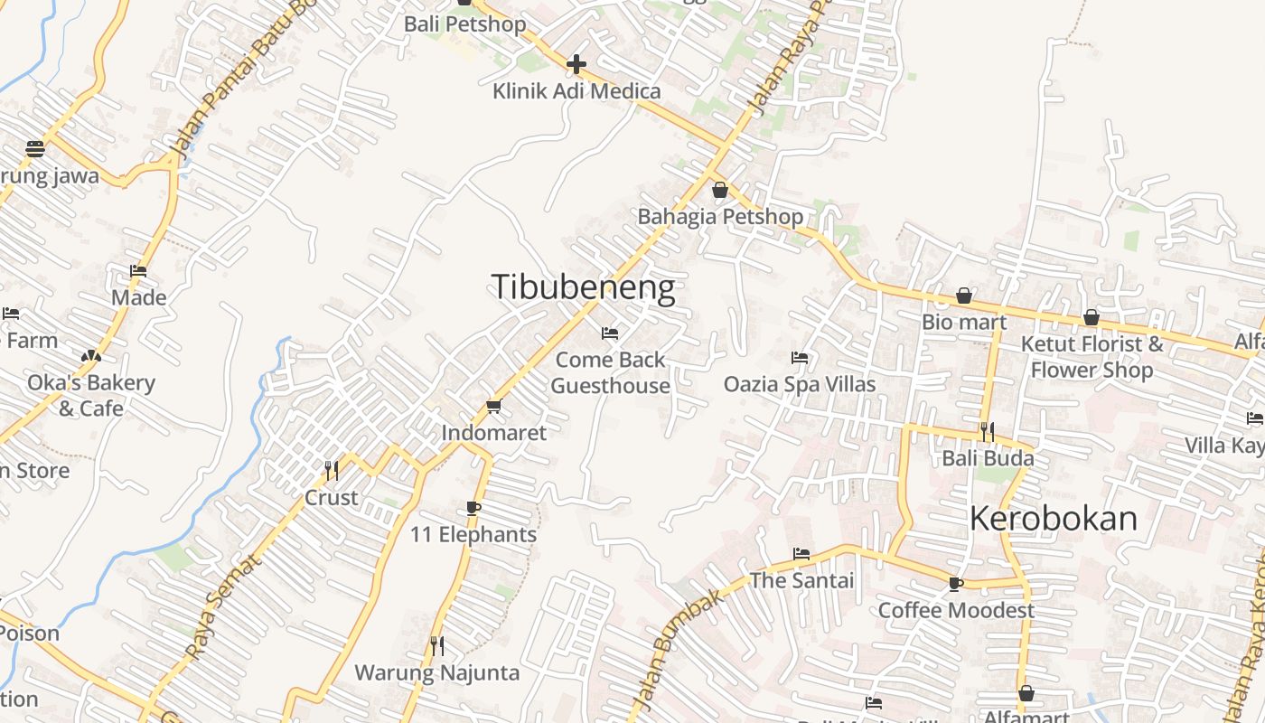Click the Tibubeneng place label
point(583,287)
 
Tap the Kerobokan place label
point(1053,519)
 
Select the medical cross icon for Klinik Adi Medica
point(576,64)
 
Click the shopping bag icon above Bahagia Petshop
point(720,190)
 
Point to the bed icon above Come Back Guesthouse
point(610,333)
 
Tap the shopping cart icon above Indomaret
point(493,407)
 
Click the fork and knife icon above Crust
point(332,470)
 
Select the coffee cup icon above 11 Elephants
point(473,508)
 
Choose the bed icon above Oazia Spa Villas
point(800,358)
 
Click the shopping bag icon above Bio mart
point(964,296)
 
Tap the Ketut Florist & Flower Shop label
point(1092,357)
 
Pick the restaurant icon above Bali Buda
point(987,431)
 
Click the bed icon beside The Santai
point(801,554)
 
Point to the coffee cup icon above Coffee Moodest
point(956,584)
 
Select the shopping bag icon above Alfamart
point(1026,693)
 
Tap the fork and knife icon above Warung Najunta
point(437,645)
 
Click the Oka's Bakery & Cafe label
point(91,395)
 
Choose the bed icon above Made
point(138,271)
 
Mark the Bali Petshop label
point(464,23)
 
